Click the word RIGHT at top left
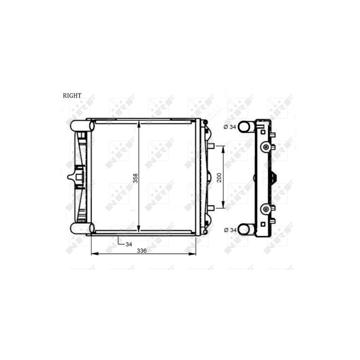[72, 95]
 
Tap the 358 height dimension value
[135, 178]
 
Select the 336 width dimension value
[142, 251]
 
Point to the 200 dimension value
[219, 177]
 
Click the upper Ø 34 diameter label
[229, 127]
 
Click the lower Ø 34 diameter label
[230, 230]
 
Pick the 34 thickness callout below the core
[129, 244]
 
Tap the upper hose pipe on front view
[82, 126]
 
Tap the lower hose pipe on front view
[82, 228]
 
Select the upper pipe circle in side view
[244, 127]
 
